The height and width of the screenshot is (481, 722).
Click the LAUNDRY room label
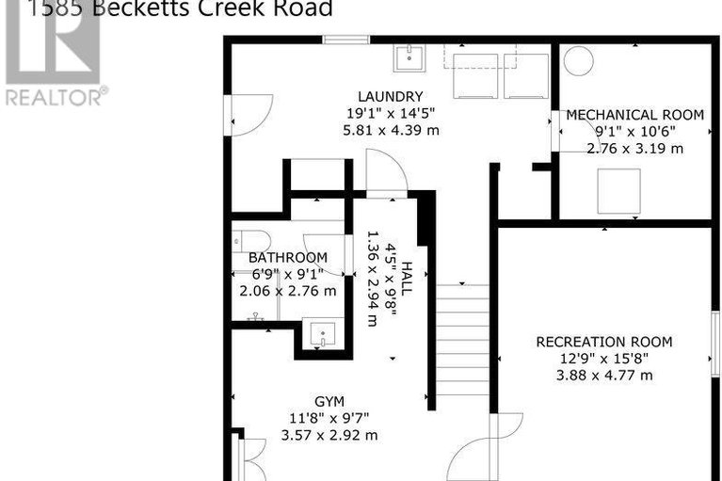coord(390,96)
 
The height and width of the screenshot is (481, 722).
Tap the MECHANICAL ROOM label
coord(634,115)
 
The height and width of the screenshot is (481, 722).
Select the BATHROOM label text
coord(288,258)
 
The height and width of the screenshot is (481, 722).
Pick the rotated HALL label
coord(407,281)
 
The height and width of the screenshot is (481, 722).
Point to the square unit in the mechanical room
coord(618,190)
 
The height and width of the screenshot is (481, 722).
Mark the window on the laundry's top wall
coord(345,40)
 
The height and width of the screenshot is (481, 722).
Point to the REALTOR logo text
coord(55,95)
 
